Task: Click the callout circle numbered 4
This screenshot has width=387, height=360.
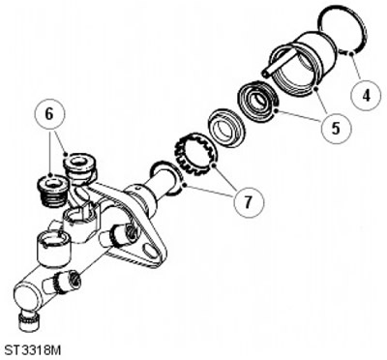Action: pyautogui.click(x=366, y=95)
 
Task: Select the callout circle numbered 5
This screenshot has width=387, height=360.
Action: pyautogui.click(x=336, y=128)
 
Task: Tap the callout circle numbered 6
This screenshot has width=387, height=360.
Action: pyautogui.click(x=49, y=114)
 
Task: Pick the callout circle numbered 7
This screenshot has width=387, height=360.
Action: pyautogui.click(x=249, y=202)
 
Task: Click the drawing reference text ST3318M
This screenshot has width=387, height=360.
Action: pyautogui.click(x=32, y=349)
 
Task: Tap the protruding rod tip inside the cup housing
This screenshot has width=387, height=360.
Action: pyautogui.click(x=266, y=74)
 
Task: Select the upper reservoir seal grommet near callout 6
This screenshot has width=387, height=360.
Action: pyautogui.click(x=79, y=167)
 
